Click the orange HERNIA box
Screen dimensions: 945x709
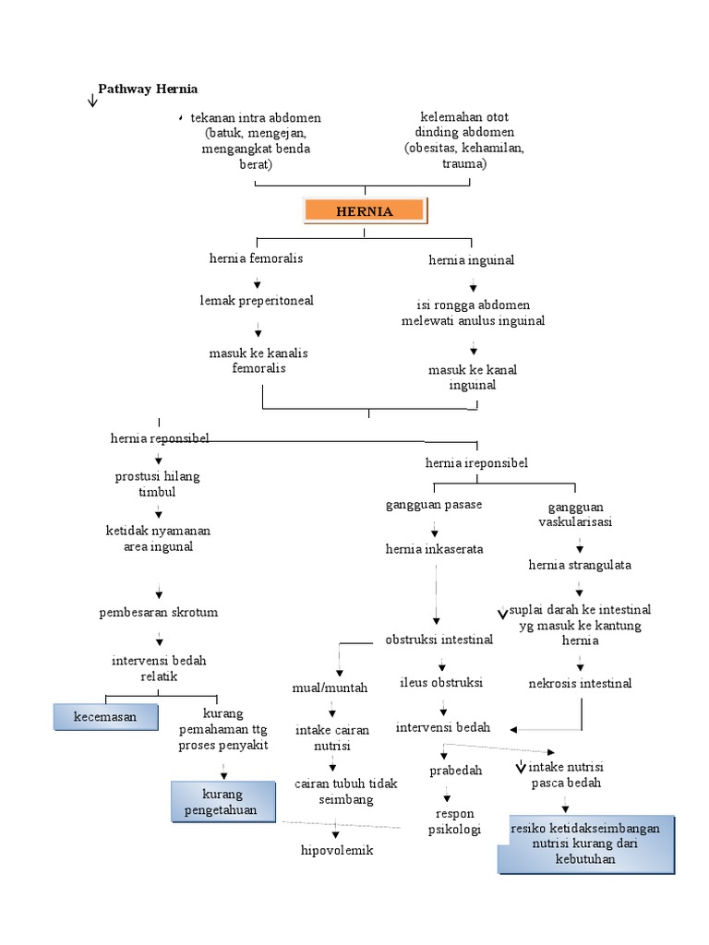pos(365,211)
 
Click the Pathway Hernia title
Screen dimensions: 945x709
pos(148,89)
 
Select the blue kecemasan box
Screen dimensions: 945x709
pos(104,716)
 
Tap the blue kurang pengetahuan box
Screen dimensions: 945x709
pos(222,803)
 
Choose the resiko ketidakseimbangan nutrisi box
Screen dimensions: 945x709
pos(585,843)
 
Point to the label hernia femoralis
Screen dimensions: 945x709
pos(256,258)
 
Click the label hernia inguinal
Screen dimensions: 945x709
pos(471,260)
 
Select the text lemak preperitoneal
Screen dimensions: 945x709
pos(257,301)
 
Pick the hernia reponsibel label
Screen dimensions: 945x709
pos(160,438)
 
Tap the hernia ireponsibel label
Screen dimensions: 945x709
pos(476,462)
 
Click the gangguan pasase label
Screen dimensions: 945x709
pos(434,505)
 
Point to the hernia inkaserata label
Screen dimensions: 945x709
pos(434,549)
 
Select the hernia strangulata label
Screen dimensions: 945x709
pos(580,565)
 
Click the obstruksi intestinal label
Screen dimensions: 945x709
pos(439,640)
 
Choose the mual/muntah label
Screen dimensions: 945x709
pos(330,688)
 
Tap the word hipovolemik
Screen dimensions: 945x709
pos(337,850)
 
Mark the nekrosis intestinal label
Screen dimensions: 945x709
pos(580,684)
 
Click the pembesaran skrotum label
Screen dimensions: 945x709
pos(159,612)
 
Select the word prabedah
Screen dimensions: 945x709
pos(456,771)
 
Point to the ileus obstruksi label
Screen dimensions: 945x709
pos(441,683)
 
